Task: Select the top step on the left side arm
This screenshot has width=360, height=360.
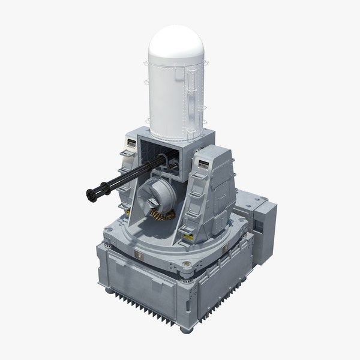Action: pyautogui.click(x=127, y=154)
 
